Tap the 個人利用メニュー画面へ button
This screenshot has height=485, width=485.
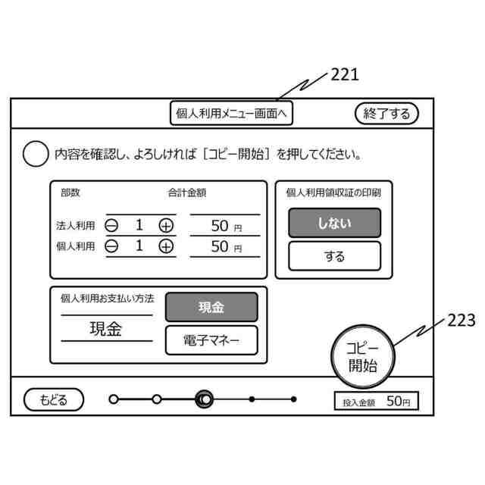tap(231, 114)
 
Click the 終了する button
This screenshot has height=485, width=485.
tap(386, 114)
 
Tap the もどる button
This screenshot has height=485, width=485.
tap(54, 399)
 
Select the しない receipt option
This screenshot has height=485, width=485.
tap(334, 223)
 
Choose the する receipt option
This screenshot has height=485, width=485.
tap(334, 256)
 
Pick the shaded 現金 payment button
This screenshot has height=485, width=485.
tap(211, 307)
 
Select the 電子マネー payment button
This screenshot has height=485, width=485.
tap(211, 340)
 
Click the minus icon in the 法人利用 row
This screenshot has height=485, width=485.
tap(111, 225)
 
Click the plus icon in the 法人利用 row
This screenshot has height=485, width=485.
tap(166, 225)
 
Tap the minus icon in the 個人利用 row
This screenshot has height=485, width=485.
tap(111, 246)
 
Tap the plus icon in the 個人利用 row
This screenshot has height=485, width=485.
tap(166, 246)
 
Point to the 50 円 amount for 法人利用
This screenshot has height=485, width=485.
tap(224, 225)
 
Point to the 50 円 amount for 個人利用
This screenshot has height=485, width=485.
tap(224, 246)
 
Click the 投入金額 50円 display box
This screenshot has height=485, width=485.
tap(376, 402)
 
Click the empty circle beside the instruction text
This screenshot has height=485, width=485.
tap(36, 154)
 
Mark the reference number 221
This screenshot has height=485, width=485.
tap(344, 74)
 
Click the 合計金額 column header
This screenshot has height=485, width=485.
tap(186, 192)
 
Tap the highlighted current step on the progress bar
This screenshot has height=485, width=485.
tap(204, 399)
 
